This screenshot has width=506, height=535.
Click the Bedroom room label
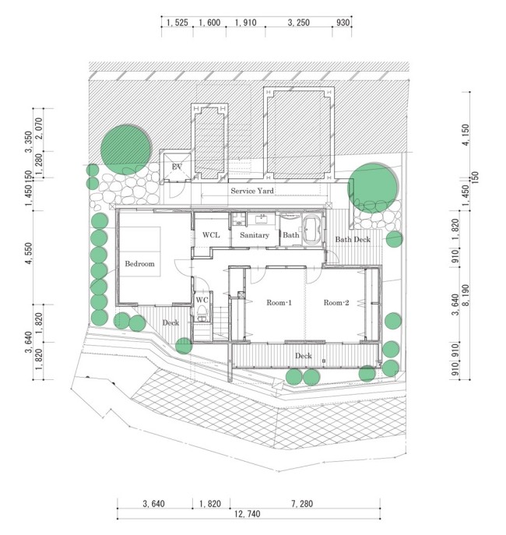pos(140,264)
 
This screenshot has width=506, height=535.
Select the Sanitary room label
pos(254,234)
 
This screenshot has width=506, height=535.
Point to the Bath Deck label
pos(353,239)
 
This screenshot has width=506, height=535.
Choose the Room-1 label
pos(278,302)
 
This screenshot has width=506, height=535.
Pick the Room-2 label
pos(337,302)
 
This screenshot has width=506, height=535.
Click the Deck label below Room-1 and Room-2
pos(304,356)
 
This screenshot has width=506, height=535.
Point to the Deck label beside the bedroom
pos(170,322)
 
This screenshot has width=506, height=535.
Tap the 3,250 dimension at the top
pos(299,23)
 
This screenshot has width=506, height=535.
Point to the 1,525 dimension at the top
pos(177,23)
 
